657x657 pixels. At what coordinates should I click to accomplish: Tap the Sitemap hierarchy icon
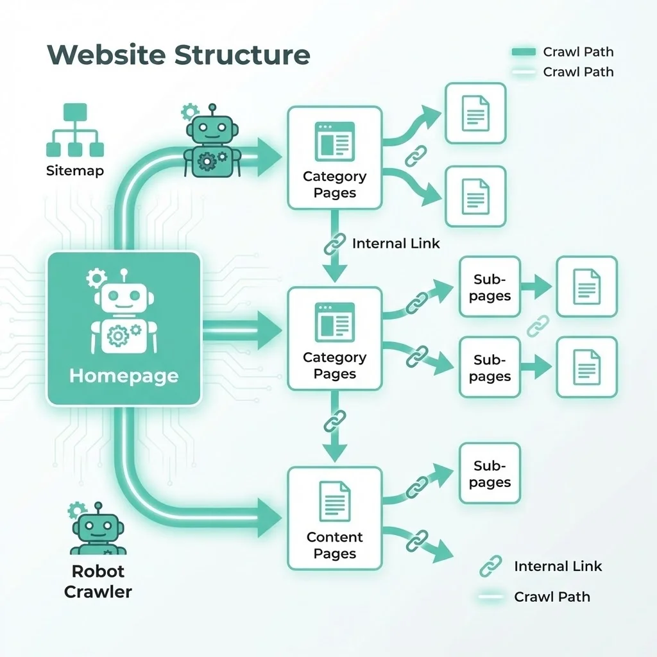click(74, 132)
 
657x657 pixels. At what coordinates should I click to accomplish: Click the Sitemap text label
click(74, 171)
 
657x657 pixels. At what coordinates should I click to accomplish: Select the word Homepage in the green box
click(124, 375)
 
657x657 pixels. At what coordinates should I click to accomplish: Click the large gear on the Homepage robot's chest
click(118, 336)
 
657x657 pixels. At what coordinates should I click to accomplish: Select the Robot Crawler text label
click(98, 581)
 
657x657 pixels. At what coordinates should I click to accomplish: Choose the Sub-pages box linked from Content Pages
click(490, 474)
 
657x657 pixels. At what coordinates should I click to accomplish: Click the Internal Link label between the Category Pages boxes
click(396, 244)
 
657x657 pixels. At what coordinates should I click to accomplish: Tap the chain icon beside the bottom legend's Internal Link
click(491, 566)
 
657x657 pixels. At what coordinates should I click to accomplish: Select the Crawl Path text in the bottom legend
click(552, 597)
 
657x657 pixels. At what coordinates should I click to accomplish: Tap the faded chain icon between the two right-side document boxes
click(538, 326)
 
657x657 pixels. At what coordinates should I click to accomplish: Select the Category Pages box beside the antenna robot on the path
click(334, 158)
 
